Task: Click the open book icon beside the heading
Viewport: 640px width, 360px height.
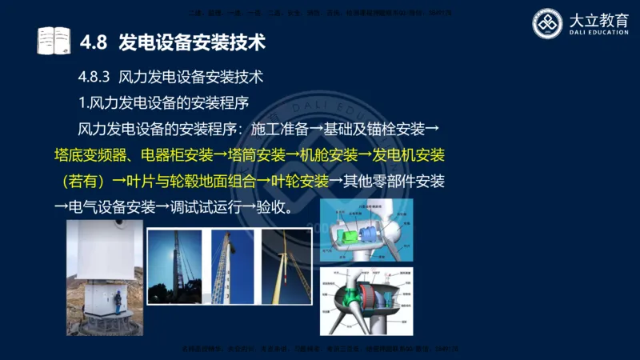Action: [54, 39]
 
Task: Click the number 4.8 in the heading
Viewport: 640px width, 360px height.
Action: [94, 40]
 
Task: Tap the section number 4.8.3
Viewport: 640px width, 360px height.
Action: [93, 78]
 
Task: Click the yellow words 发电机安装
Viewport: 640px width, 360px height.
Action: [409, 154]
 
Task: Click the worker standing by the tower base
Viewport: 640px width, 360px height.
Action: [117, 302]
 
